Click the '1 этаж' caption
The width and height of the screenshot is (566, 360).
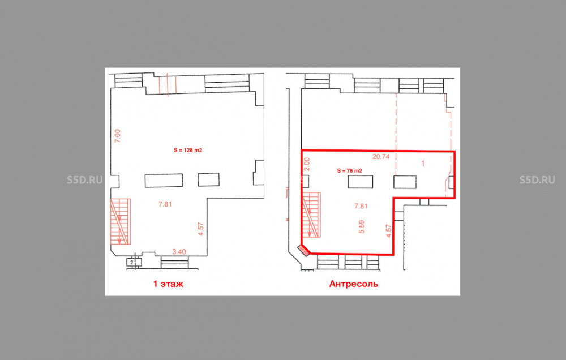tap(168, 284)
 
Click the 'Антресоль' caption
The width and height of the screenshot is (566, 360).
tap(353, 284)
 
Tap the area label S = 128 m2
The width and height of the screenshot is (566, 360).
tap(188, 150)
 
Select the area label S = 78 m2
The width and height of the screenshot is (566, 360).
tap(349, 170)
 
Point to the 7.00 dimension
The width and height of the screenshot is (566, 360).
tap(118, 136)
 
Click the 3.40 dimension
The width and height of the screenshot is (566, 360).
tap(179, 252)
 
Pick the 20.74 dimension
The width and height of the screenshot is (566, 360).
tap(381, 157)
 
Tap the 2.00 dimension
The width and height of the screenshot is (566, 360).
tap(307, 164)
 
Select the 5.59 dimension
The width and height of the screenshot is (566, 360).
tap(361, 227)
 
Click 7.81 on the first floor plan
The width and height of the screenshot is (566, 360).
tap(165, 204)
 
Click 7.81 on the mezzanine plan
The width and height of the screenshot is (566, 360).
tap(361, 206)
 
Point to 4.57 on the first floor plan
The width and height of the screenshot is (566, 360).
tap(201, 229)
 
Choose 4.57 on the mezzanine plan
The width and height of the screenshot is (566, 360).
tap(388, 231)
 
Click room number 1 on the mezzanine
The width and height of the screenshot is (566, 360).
tap(423, 164)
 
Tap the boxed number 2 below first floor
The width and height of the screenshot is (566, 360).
tap(132, 262)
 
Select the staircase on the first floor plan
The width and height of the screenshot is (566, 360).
tap(120, 221)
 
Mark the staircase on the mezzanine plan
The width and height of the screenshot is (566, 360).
tap(311, 215)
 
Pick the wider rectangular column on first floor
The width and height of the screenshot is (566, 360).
tap(164, 181)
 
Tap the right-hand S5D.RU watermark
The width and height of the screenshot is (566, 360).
tap(537, 180)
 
